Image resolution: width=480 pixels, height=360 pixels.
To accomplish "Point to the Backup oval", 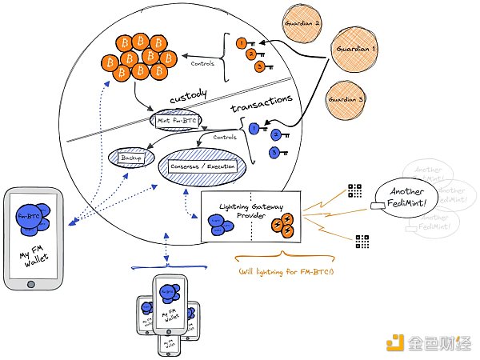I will tap(130, 157).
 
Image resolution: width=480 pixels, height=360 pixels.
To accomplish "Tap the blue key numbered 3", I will tap(275, 152).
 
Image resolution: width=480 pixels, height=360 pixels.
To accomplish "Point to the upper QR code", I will tap(356, 190).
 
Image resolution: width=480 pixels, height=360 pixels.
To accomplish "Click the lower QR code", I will tap(362, 240).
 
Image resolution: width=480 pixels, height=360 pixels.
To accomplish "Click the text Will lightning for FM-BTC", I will tap(286, 273).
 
